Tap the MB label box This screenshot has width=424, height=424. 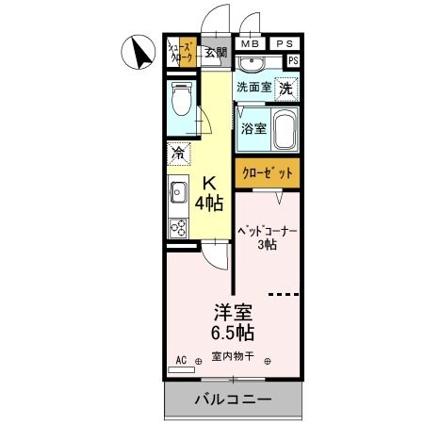tap(250, 43)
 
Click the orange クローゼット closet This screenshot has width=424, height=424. tap(268, 174)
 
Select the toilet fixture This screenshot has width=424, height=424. tap(181, 98)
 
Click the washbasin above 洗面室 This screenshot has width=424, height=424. tap(253, 64)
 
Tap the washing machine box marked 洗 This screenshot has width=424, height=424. tap(285, 87)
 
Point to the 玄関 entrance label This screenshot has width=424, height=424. tap(216, 53)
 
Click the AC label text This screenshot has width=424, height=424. tap(182, 359)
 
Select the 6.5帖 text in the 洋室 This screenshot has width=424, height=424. tap(233, 332)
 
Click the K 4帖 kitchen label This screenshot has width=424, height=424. tap(208, 192)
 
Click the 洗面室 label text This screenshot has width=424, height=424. tap(253, 87)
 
